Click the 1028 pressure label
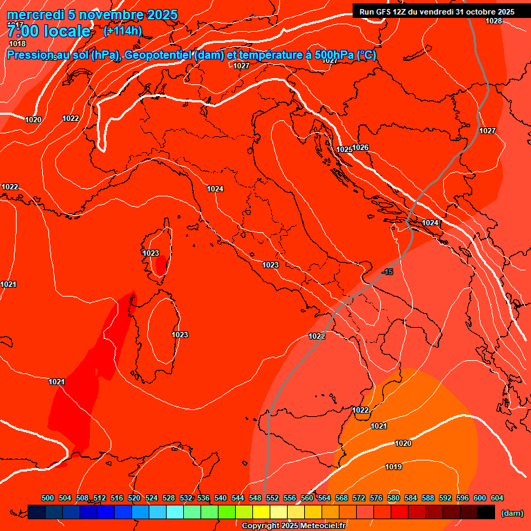tap(493, 21)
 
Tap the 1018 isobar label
tap(17, 44)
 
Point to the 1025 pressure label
tap(344, 149)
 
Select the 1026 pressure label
tap(361, 147)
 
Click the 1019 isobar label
tap(393, 467)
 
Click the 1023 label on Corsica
tap(151, 253)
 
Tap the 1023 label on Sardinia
tap(180, 335)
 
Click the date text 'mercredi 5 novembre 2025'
tap(92, 15)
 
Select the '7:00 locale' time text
tap(48, 31)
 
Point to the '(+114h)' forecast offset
tap(123, 31)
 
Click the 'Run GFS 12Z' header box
tap(437, 11)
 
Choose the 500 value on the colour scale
tap(48, 498)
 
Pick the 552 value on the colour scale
tap(272, 498)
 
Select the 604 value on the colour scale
tap(497, 498)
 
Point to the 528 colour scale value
tap(169, 498)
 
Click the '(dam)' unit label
tap(512, 513)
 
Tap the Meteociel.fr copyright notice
tap(292, 525)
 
